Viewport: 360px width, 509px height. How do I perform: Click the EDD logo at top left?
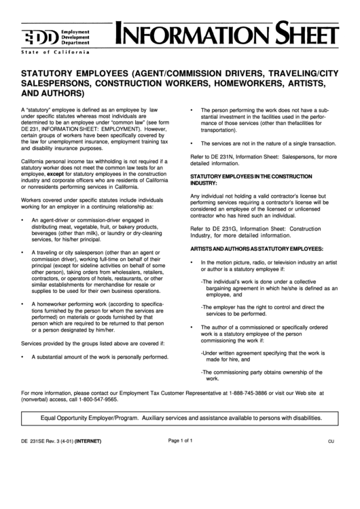tap(44, 36)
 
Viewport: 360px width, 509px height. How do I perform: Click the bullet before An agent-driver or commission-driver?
tap(24, 221)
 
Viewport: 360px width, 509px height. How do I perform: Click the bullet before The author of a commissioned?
tap(193, 328)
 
